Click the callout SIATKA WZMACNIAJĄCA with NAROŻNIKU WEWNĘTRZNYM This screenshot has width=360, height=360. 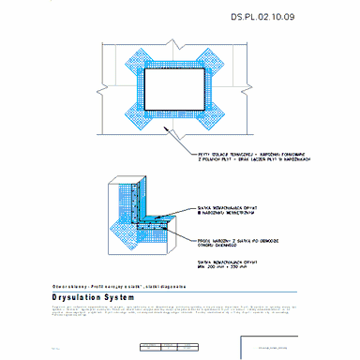tap(226, 209)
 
